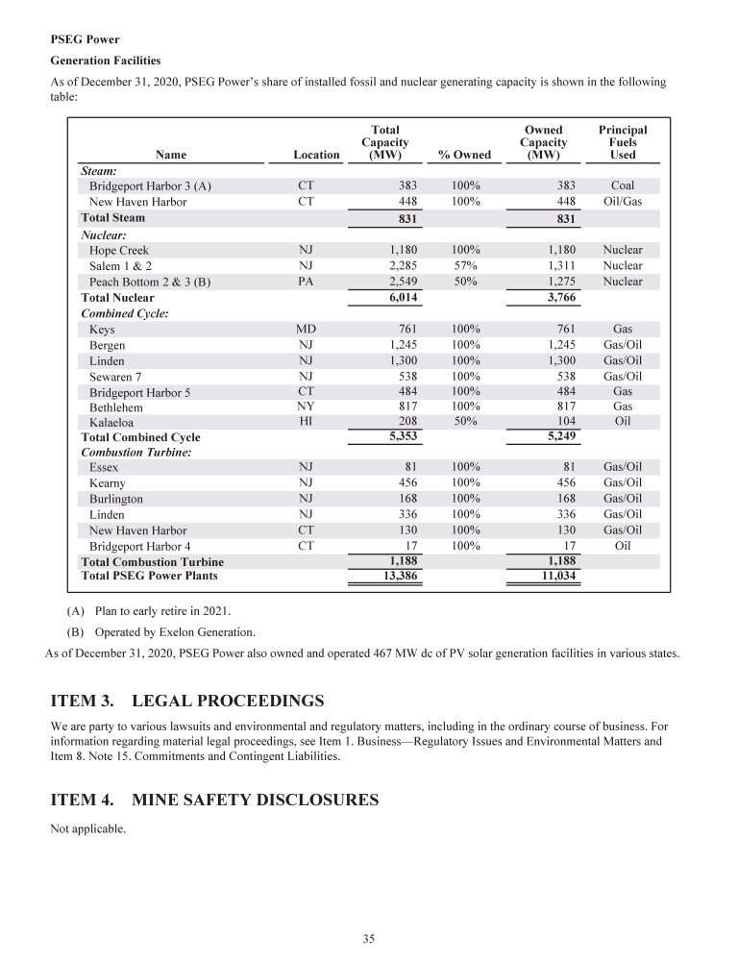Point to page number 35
(x=368, y=939)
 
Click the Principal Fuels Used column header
(x=622, y=141)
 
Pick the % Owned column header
(x=464, y=154)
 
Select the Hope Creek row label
(x=118, y=250)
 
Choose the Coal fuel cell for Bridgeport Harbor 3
(x=622, y=185)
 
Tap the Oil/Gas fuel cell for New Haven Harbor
(x=622, y=202)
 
